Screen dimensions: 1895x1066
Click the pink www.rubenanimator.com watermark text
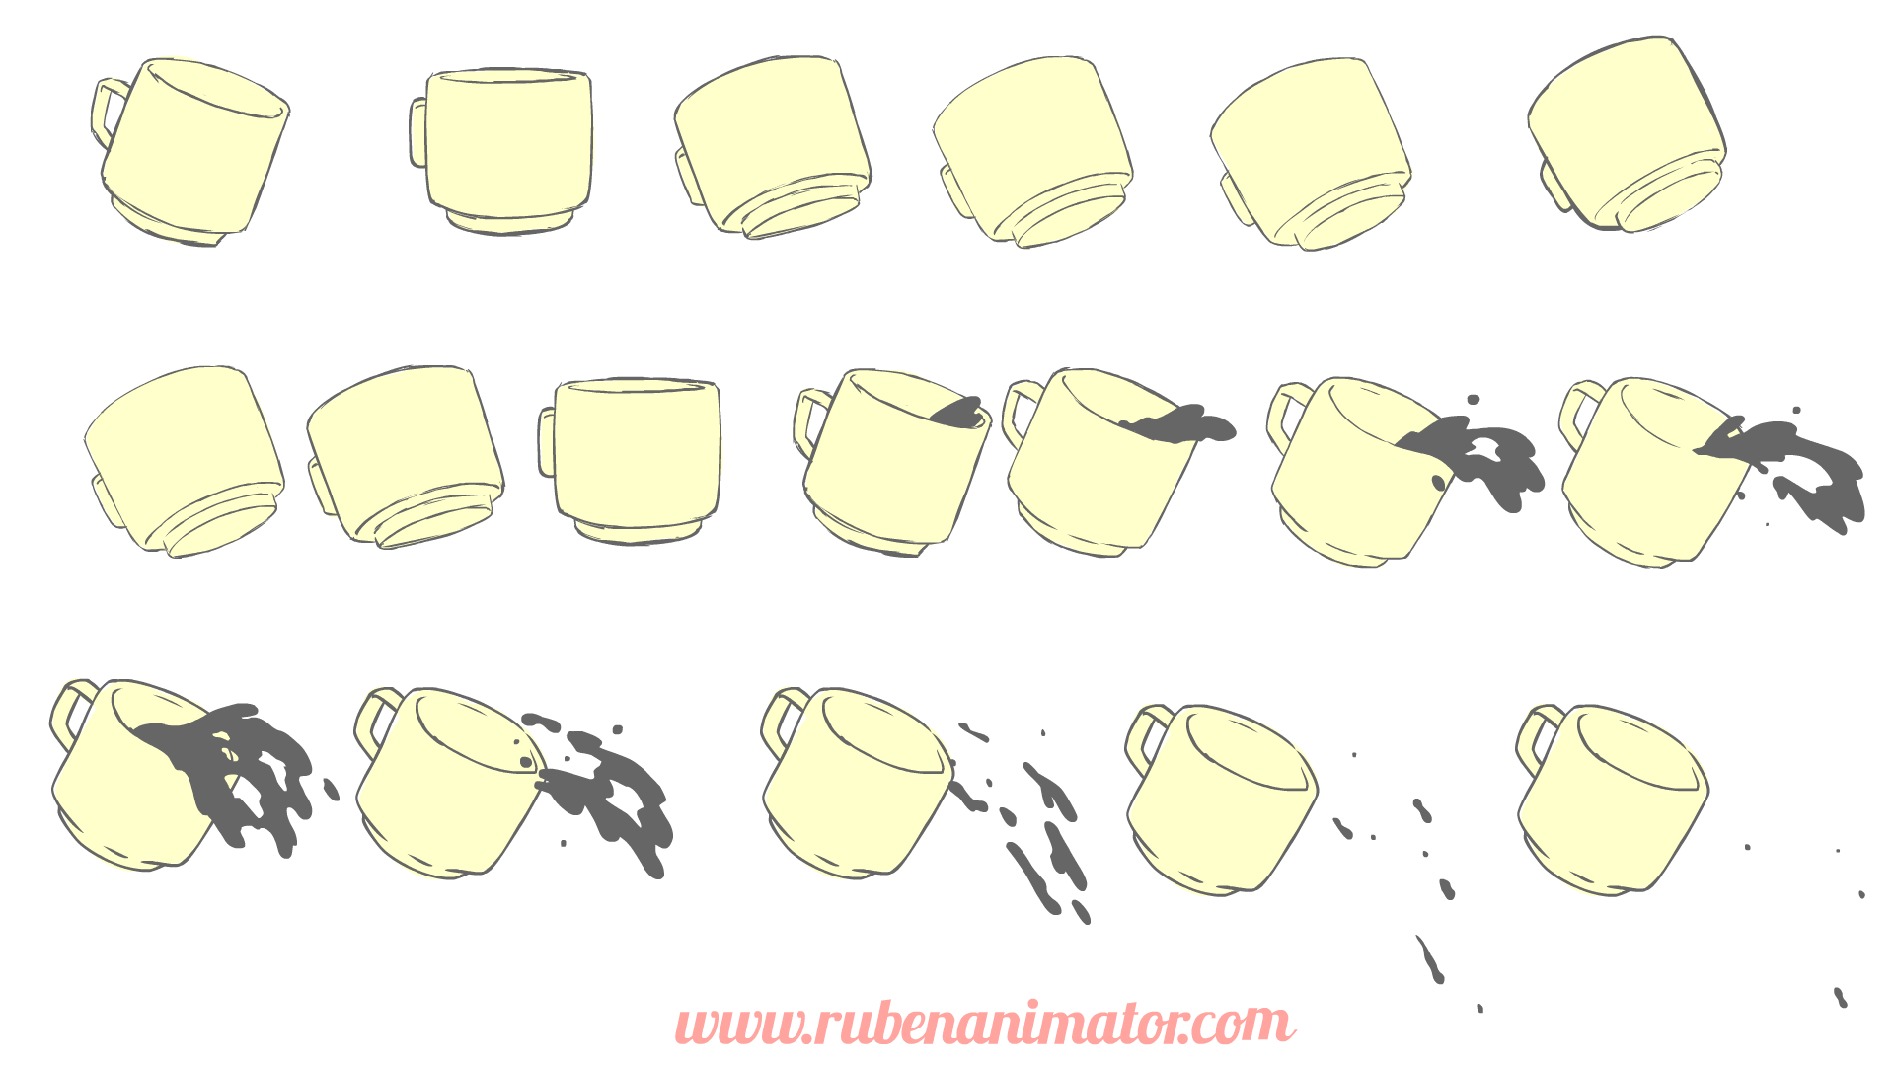(984, 1024)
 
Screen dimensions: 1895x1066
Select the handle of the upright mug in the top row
(418, 132)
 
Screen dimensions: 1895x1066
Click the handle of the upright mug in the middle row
(547, 442)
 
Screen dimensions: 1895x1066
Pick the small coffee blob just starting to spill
(958, 413)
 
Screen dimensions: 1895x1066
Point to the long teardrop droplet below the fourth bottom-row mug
(1430, 959)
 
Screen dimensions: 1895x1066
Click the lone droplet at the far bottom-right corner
(1840, 997)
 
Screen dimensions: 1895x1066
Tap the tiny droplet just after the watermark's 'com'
(1479, 1008)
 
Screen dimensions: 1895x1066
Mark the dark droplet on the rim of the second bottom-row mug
(526, 762)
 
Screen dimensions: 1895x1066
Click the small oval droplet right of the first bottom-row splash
(332, 789)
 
